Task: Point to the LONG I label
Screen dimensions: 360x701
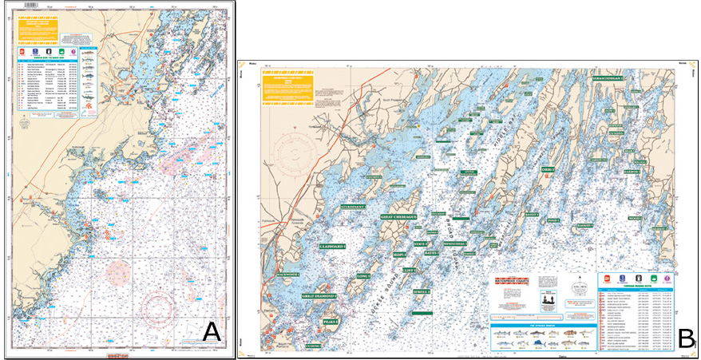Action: click(x=363, y=276)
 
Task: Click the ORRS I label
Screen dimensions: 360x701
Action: click(x=548, y=170)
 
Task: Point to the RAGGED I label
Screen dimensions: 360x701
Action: click(x=583, y=226)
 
